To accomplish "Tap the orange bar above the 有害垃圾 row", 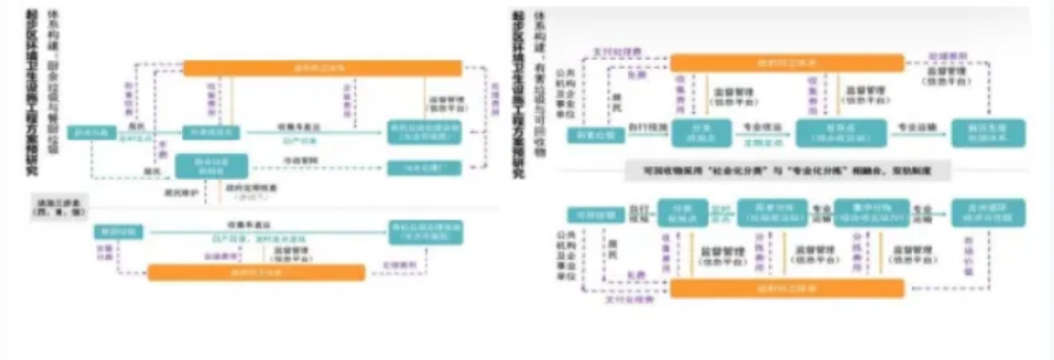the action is click(785, 62).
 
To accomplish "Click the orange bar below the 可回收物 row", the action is click(786, 290).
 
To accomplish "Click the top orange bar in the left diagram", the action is click(322, 68).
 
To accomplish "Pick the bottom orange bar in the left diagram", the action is click(256, 272).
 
